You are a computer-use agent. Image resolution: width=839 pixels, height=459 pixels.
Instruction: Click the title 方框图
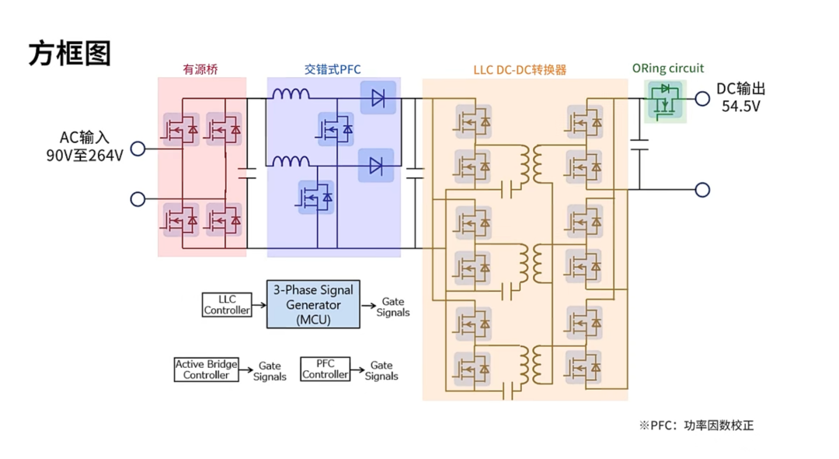click(x=70, y=54)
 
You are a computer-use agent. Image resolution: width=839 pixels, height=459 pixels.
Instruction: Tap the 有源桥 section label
click(x=200, y=69)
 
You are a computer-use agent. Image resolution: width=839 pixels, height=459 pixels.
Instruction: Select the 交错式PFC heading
click(x=332, y=69)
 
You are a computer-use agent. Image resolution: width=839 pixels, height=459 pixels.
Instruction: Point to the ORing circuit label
click(x=667, y=68)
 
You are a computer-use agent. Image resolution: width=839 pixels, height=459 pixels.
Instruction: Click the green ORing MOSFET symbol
click(x=665, y=100)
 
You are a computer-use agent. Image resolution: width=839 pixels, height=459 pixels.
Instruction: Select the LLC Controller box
click(x=227, y=304)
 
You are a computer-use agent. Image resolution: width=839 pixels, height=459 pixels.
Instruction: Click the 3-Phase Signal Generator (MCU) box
click(x=313, y=304)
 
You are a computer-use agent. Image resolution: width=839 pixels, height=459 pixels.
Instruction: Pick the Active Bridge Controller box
click(x=206, y=370)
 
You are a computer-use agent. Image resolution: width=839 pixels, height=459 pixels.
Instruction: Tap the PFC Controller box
click(x=325, y=370)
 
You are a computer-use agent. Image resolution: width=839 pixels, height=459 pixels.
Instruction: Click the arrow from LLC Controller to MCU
click(x=259, y=304)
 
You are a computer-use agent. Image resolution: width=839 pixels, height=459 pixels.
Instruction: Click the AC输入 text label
click(x=85, y=138)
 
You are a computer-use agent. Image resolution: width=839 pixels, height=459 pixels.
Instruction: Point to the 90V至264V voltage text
click(x=85, y=155)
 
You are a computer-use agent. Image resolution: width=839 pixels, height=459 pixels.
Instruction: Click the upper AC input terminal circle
click(x=138, y=149)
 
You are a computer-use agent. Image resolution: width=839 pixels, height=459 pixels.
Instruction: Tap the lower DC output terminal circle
click(x=702, y=189)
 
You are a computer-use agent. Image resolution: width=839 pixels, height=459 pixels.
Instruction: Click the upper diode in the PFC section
click(x=378, y=98)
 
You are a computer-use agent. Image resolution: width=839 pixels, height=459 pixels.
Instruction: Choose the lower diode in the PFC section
click(x=376, y=165)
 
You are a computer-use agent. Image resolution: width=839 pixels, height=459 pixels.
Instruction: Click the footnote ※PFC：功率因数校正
click(x=696, y=426)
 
